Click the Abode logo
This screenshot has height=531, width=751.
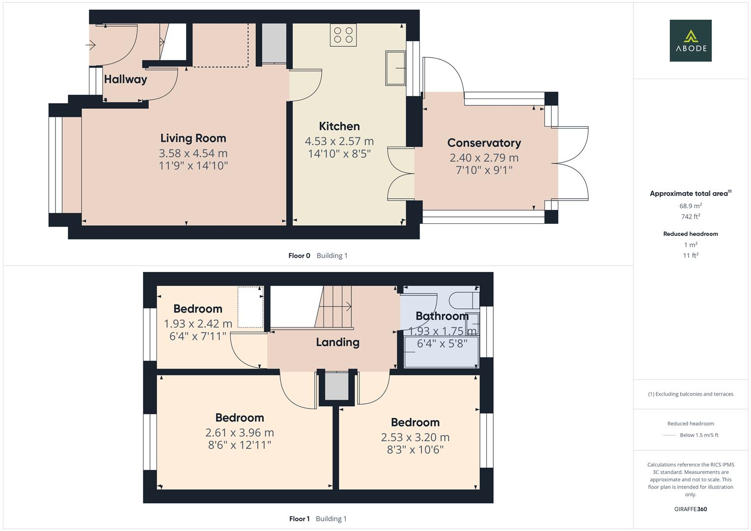click(691, 40)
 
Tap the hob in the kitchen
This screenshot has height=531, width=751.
click(343, 35)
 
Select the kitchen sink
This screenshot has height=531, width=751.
click(395, 67)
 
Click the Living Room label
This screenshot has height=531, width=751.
click(193, 138)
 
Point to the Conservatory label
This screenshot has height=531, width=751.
click(484, 143)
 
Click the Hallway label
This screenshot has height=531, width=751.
click(125, 79)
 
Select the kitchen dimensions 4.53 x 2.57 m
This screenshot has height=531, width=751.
click(339, 141)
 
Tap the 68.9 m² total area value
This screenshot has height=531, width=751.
click(691, 206)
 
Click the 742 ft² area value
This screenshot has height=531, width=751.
click(691, 217)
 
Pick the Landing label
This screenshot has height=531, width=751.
click(337, 342)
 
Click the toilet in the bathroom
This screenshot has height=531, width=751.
click(465, 299)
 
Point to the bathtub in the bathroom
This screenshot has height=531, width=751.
click(441, 353)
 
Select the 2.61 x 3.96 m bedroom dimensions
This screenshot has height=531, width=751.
click(240, 433)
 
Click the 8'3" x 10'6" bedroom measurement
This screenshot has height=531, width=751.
click(415, 449)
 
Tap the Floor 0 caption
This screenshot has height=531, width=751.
click(299, 256)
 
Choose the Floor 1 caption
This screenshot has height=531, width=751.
click(299, 519)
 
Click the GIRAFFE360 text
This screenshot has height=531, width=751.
click(691, 509)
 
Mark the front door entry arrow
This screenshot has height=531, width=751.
click(90, 45)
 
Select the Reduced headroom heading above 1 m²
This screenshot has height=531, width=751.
click(691, 234)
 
